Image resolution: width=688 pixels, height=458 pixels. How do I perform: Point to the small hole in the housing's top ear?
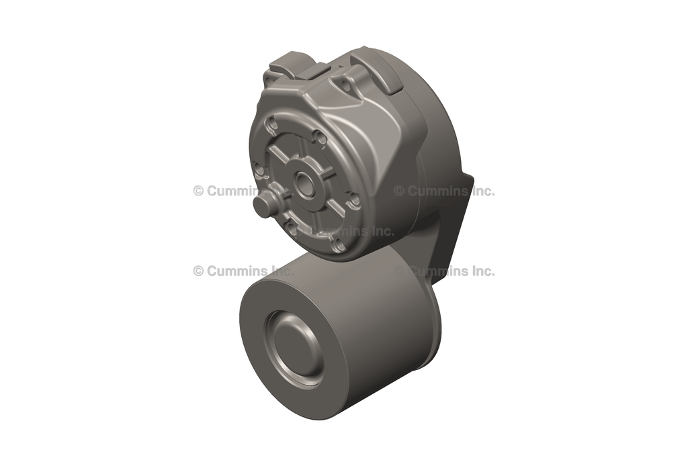tap(345, 85)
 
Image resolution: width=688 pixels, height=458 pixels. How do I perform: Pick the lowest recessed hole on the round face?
tap(339, 246)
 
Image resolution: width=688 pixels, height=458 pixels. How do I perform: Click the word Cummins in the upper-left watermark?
tap(232, 191)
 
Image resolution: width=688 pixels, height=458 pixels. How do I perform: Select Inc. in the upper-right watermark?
tap(482, 191)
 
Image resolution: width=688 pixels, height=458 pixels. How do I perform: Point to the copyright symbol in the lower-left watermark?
tap(198, 271)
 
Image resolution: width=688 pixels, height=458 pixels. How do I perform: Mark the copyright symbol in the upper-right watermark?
tap(399, 191)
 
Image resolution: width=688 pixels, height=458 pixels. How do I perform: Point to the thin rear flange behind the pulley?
tap(433, 336)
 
